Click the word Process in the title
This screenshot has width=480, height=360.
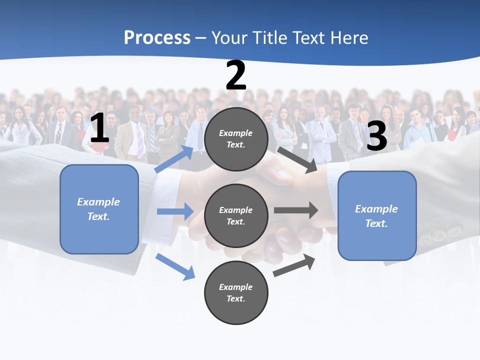157,38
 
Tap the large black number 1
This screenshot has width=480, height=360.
99,128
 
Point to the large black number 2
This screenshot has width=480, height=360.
236,76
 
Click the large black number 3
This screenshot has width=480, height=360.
377,136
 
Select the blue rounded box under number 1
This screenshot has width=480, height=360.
99,209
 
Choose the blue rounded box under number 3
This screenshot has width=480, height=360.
377,216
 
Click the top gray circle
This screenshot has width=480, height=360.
236,139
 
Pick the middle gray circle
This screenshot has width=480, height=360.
236,215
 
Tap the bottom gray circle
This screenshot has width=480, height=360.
236,292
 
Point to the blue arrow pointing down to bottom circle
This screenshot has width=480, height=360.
175,266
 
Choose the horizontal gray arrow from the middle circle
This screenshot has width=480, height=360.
296,210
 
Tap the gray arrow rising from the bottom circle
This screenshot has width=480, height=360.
294,265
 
